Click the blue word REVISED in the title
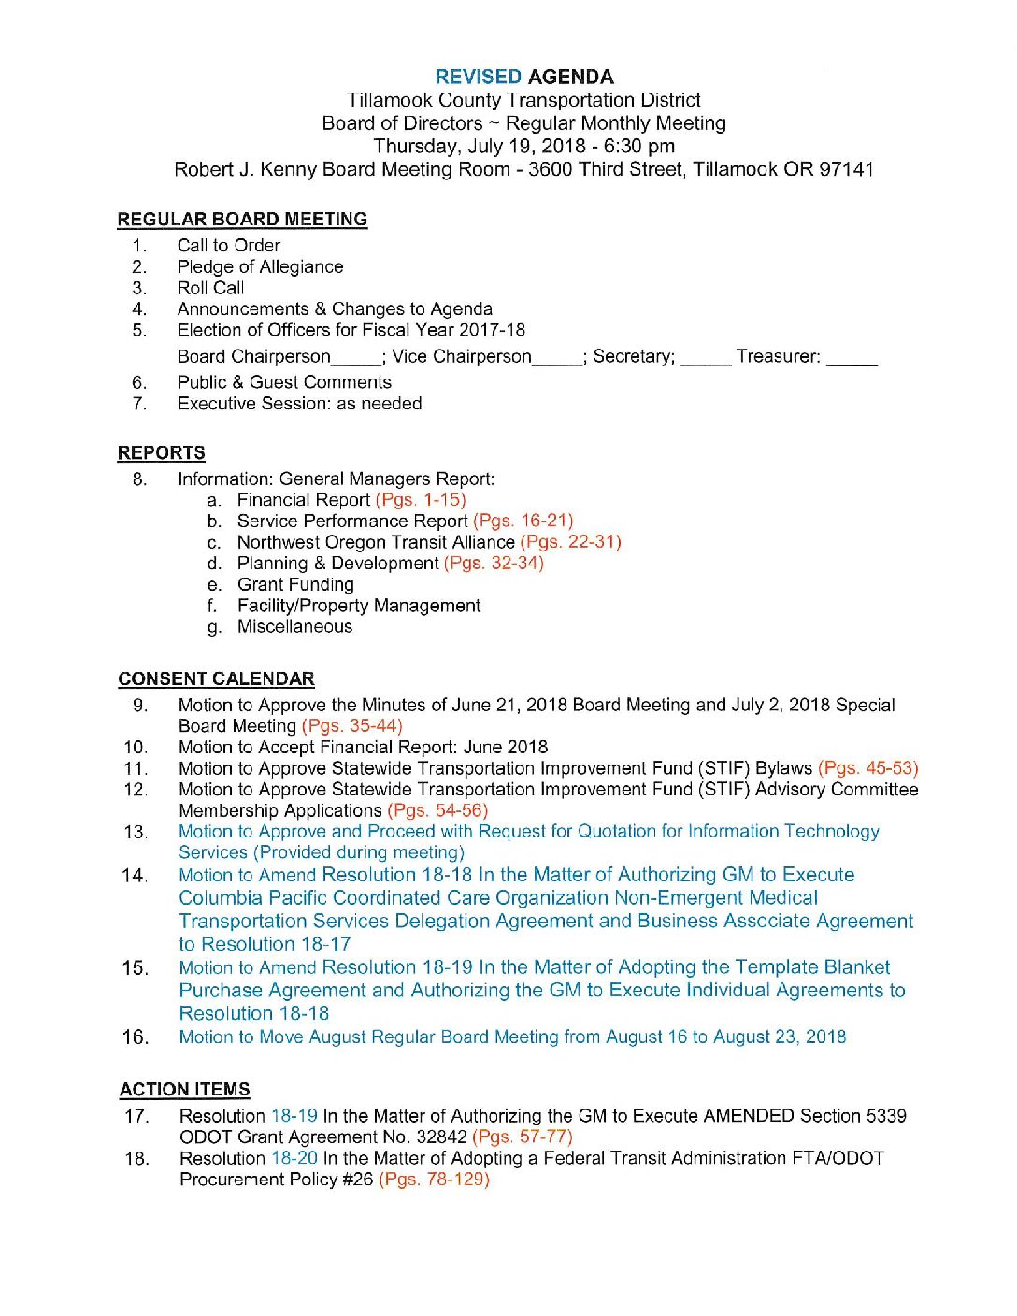pos(478,78)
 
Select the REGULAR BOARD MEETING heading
pos(242,220)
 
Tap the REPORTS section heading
pos(162,453)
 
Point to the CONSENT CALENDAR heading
pos(216,679)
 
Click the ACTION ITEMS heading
pos(185,1090)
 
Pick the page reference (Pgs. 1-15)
pos(421,500)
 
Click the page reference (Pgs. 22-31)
pos(570,542)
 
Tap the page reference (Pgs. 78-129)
pos(434,1180)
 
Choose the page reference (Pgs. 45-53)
pos(867,768)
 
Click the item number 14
pos(135,876)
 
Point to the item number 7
pos(139,404)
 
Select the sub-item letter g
pos(215,628)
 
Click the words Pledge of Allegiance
pos(260,267)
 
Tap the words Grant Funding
pos(295,585)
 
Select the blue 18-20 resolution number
pos(294,1158)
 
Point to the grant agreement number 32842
pos(437,1137)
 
